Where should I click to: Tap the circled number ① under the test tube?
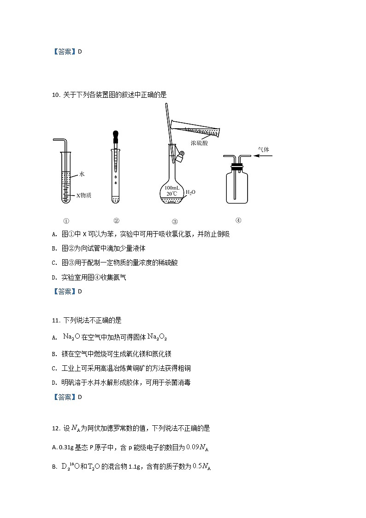point(66,221)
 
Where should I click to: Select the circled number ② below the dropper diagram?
point(116,220)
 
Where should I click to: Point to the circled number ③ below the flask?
point(175,221)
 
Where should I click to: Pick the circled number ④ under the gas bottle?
point(238,220)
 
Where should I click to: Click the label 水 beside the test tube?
point(82,174)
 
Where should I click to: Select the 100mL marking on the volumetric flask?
point(172,188)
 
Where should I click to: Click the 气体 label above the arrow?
point(263,149)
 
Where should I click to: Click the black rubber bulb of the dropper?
point(116,136)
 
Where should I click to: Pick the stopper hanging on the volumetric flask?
point(179,157)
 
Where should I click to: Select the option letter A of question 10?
point(54,234)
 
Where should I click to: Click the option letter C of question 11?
point(54,368)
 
